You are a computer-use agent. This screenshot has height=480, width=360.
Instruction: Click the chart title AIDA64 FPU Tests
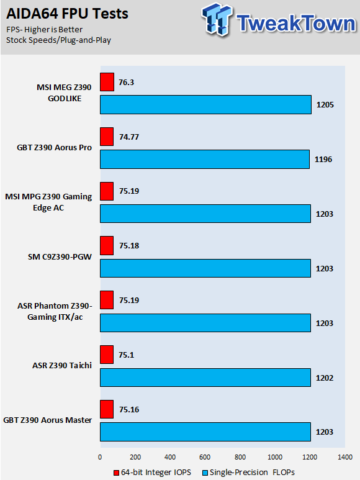67,14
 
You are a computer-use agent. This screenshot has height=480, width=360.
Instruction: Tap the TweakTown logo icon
217,19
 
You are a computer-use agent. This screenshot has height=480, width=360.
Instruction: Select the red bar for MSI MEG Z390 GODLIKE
107,82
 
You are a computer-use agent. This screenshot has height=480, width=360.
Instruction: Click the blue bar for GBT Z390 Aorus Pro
205,159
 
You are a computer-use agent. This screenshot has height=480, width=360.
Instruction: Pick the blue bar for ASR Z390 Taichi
205,378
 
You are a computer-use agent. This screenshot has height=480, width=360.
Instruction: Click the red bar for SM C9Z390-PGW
107,245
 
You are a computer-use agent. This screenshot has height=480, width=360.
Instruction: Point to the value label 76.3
127,83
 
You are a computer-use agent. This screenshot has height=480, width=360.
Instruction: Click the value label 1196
323,159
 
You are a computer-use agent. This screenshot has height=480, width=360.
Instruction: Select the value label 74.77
129,137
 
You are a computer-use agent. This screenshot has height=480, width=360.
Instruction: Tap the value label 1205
325,105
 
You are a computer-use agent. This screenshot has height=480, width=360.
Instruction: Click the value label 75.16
129,410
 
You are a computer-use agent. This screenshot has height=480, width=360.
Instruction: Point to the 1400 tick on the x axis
345,457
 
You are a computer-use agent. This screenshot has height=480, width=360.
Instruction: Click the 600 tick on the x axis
205,457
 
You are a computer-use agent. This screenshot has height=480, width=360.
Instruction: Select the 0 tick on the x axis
100,457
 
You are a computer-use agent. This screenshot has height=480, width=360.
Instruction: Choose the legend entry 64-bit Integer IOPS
152,473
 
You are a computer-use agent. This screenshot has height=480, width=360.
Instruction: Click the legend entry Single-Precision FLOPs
249,473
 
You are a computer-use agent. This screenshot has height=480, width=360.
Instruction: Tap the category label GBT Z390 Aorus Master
47,420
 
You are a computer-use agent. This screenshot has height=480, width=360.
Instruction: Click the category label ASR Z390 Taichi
62,366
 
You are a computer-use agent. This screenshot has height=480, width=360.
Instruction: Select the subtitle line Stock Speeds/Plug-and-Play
58,40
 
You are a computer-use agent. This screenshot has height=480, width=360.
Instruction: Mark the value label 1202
325,378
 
